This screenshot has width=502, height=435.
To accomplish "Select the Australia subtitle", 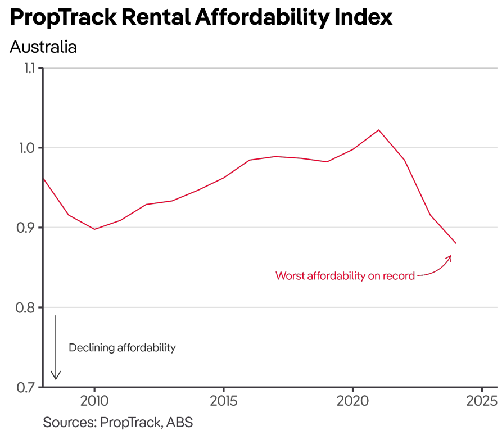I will click(43, 47).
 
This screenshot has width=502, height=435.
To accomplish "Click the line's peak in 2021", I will click(378, 130).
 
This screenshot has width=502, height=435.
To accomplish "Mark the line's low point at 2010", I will click(94, 229).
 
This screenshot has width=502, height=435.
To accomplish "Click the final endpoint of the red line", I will click(456, 243).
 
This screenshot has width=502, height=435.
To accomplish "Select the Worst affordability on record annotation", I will click(345, 276).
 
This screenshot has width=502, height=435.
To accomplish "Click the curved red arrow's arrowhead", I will click(450, 256).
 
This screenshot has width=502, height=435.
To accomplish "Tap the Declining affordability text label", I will click(122, 348).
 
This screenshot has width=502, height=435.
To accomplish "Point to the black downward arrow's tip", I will click(56, 379).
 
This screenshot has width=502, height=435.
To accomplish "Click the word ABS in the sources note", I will click(179, 422).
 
